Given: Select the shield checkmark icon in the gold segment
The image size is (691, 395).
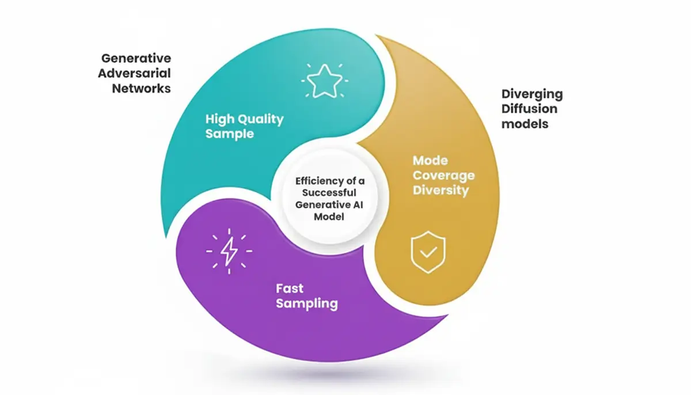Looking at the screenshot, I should [x=427, y=252].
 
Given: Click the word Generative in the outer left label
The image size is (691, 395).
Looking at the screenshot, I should [x=136, y=58].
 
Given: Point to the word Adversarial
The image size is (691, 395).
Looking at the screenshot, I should [x=134, y=73].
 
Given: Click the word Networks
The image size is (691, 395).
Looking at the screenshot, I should [x=141, y=89].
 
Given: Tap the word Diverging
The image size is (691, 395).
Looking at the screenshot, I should [x=531, y=94].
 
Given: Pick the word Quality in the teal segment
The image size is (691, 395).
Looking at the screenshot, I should [x=260, y=119].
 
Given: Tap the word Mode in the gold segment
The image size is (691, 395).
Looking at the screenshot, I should [x=430, y=161].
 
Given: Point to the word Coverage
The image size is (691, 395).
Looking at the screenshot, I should [x=443, y=176].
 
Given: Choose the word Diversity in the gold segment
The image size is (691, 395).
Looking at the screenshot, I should [x=441, y=190].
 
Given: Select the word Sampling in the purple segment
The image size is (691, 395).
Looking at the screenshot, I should [x=306, y=303].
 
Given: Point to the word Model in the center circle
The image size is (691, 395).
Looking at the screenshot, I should [x=326, y=217].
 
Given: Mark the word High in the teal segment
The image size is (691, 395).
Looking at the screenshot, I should [x=218, y=119].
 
